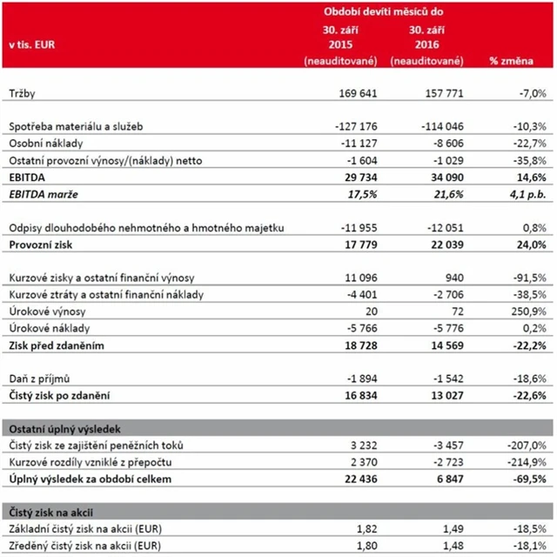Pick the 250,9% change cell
pyautogui.click(x=527, y=311)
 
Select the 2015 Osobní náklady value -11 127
pyautogui.click(x=359, y=142)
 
